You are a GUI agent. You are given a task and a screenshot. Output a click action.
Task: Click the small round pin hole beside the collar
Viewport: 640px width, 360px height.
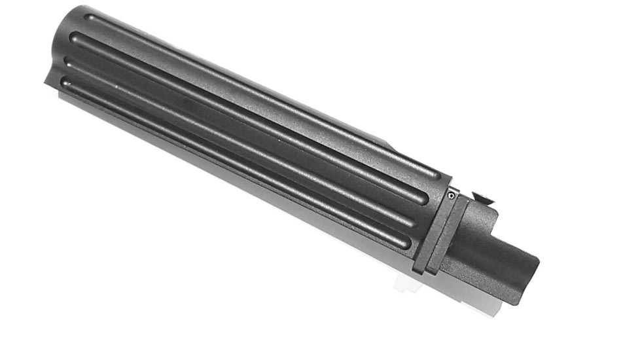click(x=452, y=194)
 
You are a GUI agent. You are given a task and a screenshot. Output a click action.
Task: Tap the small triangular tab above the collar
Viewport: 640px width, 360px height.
click(x=482, y=197)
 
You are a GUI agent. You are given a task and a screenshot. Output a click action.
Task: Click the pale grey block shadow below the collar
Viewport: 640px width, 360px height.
click(x=406, y=283)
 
